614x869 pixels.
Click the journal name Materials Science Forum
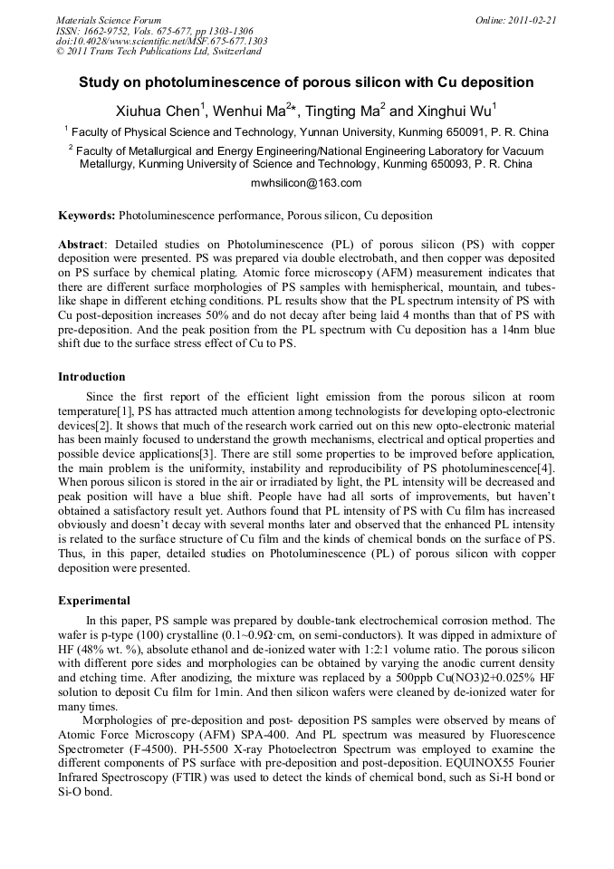click(109, 20)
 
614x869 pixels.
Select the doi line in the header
click(161, 42)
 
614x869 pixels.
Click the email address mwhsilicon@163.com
click(306, 183)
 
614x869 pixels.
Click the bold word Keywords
click(87, 217)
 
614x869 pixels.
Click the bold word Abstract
click(81, 246)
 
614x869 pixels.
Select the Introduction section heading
click(91, 376)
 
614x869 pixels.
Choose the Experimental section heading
click(94, 601)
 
